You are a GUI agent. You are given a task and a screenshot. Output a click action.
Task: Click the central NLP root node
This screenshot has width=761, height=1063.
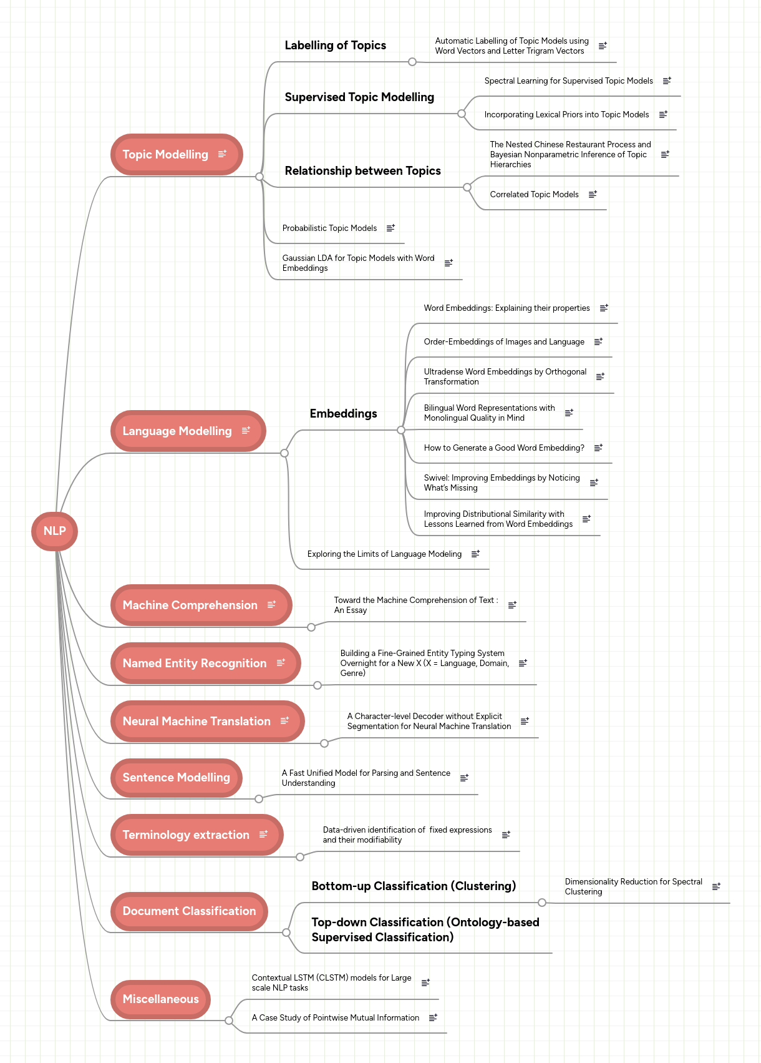[54, 531]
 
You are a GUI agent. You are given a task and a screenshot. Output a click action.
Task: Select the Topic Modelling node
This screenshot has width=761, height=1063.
[165, 155]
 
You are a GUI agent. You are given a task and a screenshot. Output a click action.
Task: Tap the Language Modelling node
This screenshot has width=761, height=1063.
[177, 431]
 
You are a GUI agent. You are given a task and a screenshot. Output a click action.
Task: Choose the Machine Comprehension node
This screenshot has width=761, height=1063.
[190, 605]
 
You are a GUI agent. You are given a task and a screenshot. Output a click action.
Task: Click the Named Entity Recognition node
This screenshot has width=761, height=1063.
[194, 664]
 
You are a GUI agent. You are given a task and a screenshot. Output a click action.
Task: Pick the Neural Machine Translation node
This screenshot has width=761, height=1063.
[196, 722]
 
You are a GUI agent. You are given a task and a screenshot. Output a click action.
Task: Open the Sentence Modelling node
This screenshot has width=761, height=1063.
[176, 778]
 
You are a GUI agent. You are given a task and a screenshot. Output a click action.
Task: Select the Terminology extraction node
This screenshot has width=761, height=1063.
[186, 835]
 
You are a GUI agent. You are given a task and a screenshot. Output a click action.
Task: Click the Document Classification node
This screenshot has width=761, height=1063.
[189, 911]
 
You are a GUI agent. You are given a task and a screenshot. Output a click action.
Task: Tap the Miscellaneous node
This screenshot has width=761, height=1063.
[160, 999]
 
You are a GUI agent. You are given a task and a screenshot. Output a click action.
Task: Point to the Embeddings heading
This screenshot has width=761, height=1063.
[343, 414]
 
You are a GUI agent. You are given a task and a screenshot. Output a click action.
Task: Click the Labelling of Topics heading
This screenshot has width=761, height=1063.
[335, 46]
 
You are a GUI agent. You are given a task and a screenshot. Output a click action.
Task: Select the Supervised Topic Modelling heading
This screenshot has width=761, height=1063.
[359, 97]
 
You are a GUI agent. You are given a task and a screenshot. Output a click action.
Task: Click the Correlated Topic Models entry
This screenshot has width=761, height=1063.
[534, 195]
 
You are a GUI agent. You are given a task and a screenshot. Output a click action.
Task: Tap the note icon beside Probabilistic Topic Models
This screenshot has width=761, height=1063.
[390, 228]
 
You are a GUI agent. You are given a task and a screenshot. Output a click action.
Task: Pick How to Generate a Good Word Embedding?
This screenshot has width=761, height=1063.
[504, 448]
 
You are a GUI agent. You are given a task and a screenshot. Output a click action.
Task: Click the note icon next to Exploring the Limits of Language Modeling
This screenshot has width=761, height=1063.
[475, 554]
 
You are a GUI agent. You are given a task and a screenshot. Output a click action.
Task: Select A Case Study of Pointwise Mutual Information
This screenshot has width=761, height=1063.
[335, 1018]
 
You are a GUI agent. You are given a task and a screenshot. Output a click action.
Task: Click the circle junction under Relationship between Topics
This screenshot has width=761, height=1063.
[467, 187]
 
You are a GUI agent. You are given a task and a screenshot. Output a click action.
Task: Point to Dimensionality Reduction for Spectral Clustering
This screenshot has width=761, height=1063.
[633, 887]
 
